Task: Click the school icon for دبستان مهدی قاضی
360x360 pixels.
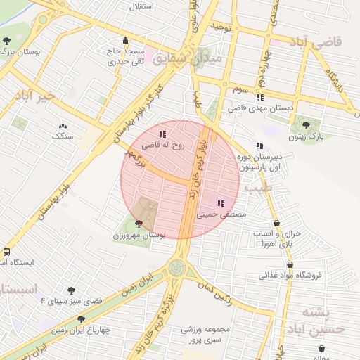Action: [261, 98]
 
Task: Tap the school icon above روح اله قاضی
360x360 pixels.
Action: [162, 134]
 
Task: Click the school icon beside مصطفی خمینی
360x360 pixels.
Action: [221, 202]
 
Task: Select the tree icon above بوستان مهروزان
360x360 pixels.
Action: [138, 224]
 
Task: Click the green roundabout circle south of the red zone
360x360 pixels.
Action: [177, 267]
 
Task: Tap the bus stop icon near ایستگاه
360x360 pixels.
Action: [6, 251]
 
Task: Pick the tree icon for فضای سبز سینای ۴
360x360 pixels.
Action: [71, 290]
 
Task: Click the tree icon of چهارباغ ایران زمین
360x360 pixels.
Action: [81, 319]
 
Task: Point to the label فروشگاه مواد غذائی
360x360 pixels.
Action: [290, 275]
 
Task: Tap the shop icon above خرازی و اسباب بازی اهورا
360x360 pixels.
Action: [276, 224]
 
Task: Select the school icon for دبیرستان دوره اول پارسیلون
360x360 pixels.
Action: [259, 146]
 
